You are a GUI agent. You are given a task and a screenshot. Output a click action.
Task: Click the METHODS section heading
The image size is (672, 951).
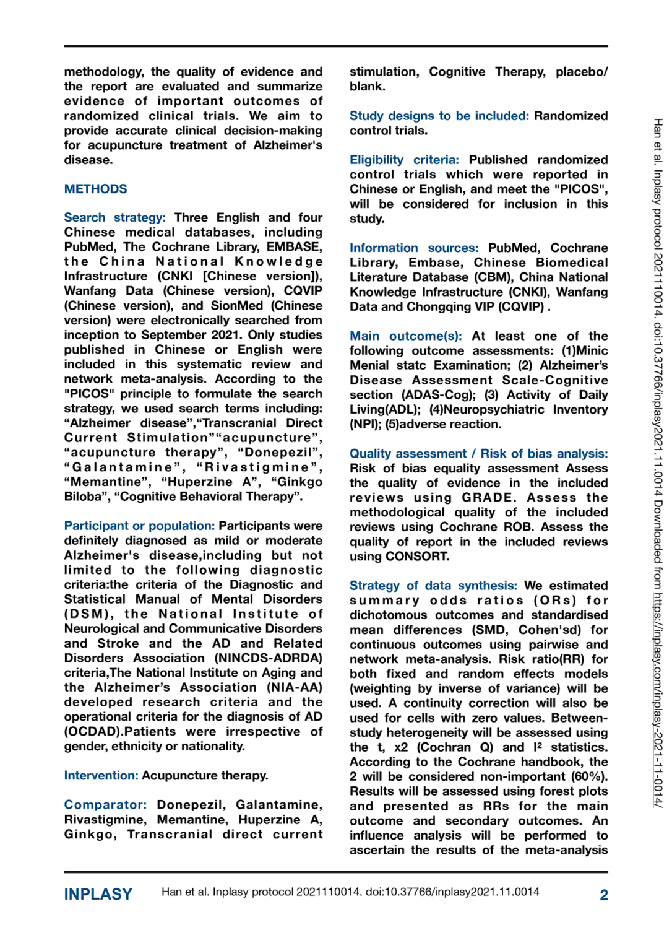tap(95, 189)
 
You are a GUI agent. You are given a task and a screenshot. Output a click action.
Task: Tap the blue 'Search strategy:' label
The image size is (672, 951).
tap(114, 217)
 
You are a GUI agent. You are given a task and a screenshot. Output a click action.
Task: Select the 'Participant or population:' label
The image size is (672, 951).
tap(139, 526)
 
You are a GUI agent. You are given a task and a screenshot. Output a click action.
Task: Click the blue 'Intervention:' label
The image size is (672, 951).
tap(101, 775)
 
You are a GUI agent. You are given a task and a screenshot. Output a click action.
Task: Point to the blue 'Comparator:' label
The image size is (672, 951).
tap(105, 804)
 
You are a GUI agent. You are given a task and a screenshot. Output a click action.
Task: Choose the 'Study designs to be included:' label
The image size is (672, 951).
tap(439, 116)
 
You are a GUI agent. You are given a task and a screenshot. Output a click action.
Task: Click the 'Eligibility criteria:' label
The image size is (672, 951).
tap(404, 160)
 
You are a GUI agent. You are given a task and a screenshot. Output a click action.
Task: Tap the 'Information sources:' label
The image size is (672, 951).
tap(413, 248)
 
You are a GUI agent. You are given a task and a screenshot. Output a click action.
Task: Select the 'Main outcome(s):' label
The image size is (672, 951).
tap(405, 336)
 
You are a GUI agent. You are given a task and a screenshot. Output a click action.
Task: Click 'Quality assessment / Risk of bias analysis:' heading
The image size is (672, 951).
tap(478, 453)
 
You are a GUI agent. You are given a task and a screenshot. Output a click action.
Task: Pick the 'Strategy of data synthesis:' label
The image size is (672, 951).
tap(433, 585)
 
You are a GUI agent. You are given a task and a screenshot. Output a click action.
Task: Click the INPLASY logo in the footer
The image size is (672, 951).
tap(98, 894)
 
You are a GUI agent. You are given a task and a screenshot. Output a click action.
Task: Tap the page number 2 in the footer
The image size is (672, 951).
tap(603, 894)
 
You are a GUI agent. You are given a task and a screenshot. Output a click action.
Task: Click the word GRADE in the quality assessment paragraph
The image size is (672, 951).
tap(488, 497)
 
